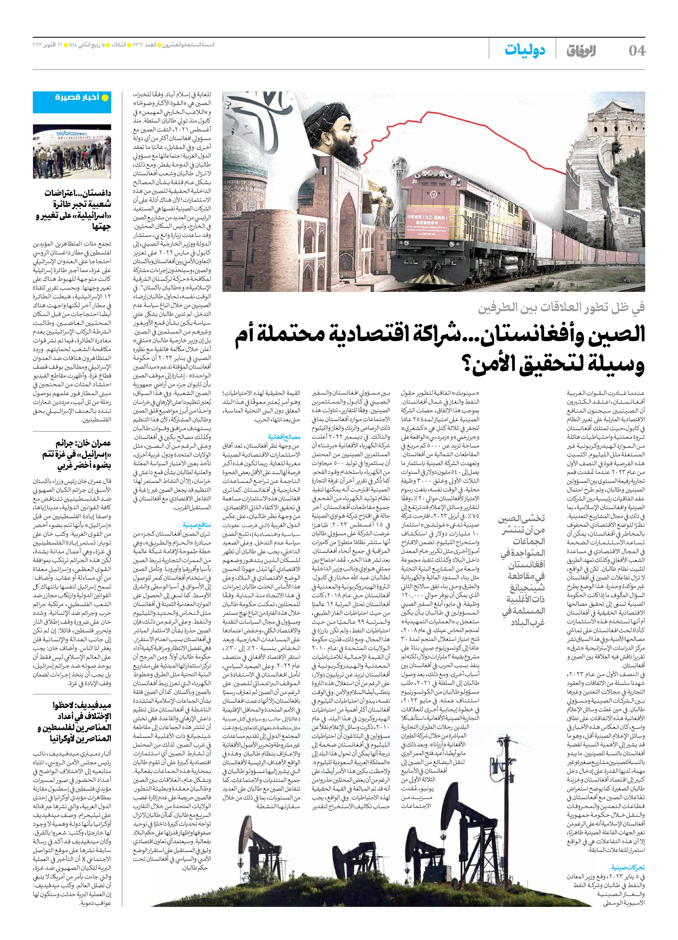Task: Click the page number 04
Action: coord(637,51)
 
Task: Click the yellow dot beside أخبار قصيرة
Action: coord(105,98)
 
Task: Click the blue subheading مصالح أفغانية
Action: coord(284,437)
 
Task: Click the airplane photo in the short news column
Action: coord(72,152)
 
